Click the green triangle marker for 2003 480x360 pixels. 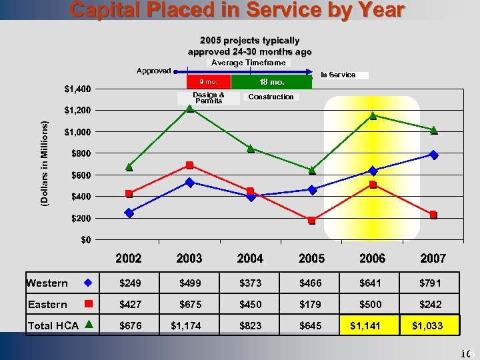[x=190, y=109]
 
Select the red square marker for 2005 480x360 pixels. [x=312, y=220]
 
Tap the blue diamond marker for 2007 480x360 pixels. [x=434, y=155]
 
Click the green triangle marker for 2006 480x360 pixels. [x=373, y=116]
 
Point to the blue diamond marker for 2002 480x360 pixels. [x=129, y=213]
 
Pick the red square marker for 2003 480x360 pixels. [x=190, y=165]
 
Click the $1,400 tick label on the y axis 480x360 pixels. [x=78, y=89]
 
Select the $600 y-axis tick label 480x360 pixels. [x=83, y=175]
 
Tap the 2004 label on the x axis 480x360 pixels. [x=250, y=258]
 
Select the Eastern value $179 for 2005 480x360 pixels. [x=311, y=304]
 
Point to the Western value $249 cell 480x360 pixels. [x=130, y=283]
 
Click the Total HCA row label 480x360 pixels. [x=53, y=325]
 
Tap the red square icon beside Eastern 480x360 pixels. [x=88, y=304]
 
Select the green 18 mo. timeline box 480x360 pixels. [x=271, y=82]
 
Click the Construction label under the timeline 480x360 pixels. [x=271, y=97]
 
